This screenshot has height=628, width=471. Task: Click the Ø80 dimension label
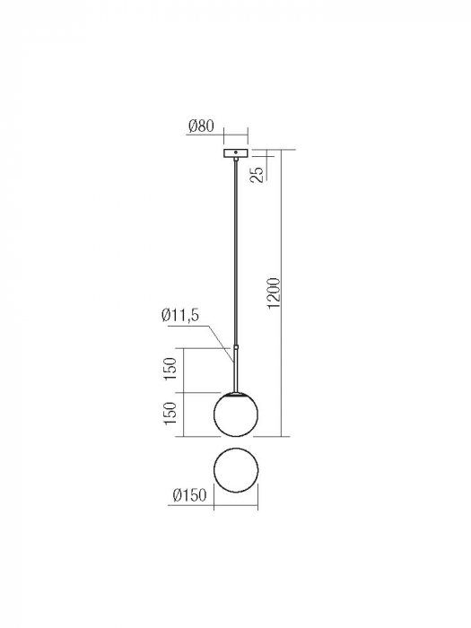201,127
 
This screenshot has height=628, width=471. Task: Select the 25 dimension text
258,174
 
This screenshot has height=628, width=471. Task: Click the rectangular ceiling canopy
235,153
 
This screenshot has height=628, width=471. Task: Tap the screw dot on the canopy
235,153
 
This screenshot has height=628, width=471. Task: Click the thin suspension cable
235,251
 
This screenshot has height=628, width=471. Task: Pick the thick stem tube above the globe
235,368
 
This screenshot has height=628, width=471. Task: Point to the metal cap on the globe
235,393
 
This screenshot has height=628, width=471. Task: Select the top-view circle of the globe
235,472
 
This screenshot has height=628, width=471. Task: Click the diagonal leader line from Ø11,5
221,345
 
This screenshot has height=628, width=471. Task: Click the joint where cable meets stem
235,346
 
